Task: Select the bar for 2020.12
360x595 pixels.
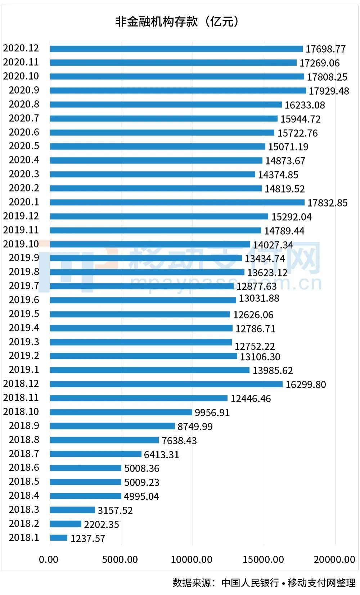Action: click(x=176, y=49)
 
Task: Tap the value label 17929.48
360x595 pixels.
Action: click(x=329, y=91)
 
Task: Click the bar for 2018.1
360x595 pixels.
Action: click(x=59, y=538)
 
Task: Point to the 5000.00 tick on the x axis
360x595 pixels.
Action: click(x=120, y=559)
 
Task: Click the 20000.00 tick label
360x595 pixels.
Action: click(x=334, y=559)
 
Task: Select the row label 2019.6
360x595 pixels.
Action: click(x=24, y=300)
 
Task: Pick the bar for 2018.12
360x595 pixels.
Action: click(x=166, y=384)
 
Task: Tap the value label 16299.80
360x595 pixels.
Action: click(x=306, y=384)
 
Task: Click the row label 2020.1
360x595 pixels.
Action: click(x=24, y=202)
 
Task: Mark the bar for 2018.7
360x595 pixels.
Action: click(x=95, y=454)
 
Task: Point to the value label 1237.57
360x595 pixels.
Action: click(x=88, y=538)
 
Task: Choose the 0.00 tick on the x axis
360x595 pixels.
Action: click(x=49, y=559)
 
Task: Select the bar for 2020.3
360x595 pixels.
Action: click(x=153, y=174)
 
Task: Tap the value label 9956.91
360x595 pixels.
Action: click(x=212, y=413)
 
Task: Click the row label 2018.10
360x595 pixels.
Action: click(x=21, y=412)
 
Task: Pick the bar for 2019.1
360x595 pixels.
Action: click(x=150, y=370)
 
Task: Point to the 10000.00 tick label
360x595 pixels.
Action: click(x=192, y=559)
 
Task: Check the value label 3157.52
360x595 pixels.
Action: click(x=115, y=510)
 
